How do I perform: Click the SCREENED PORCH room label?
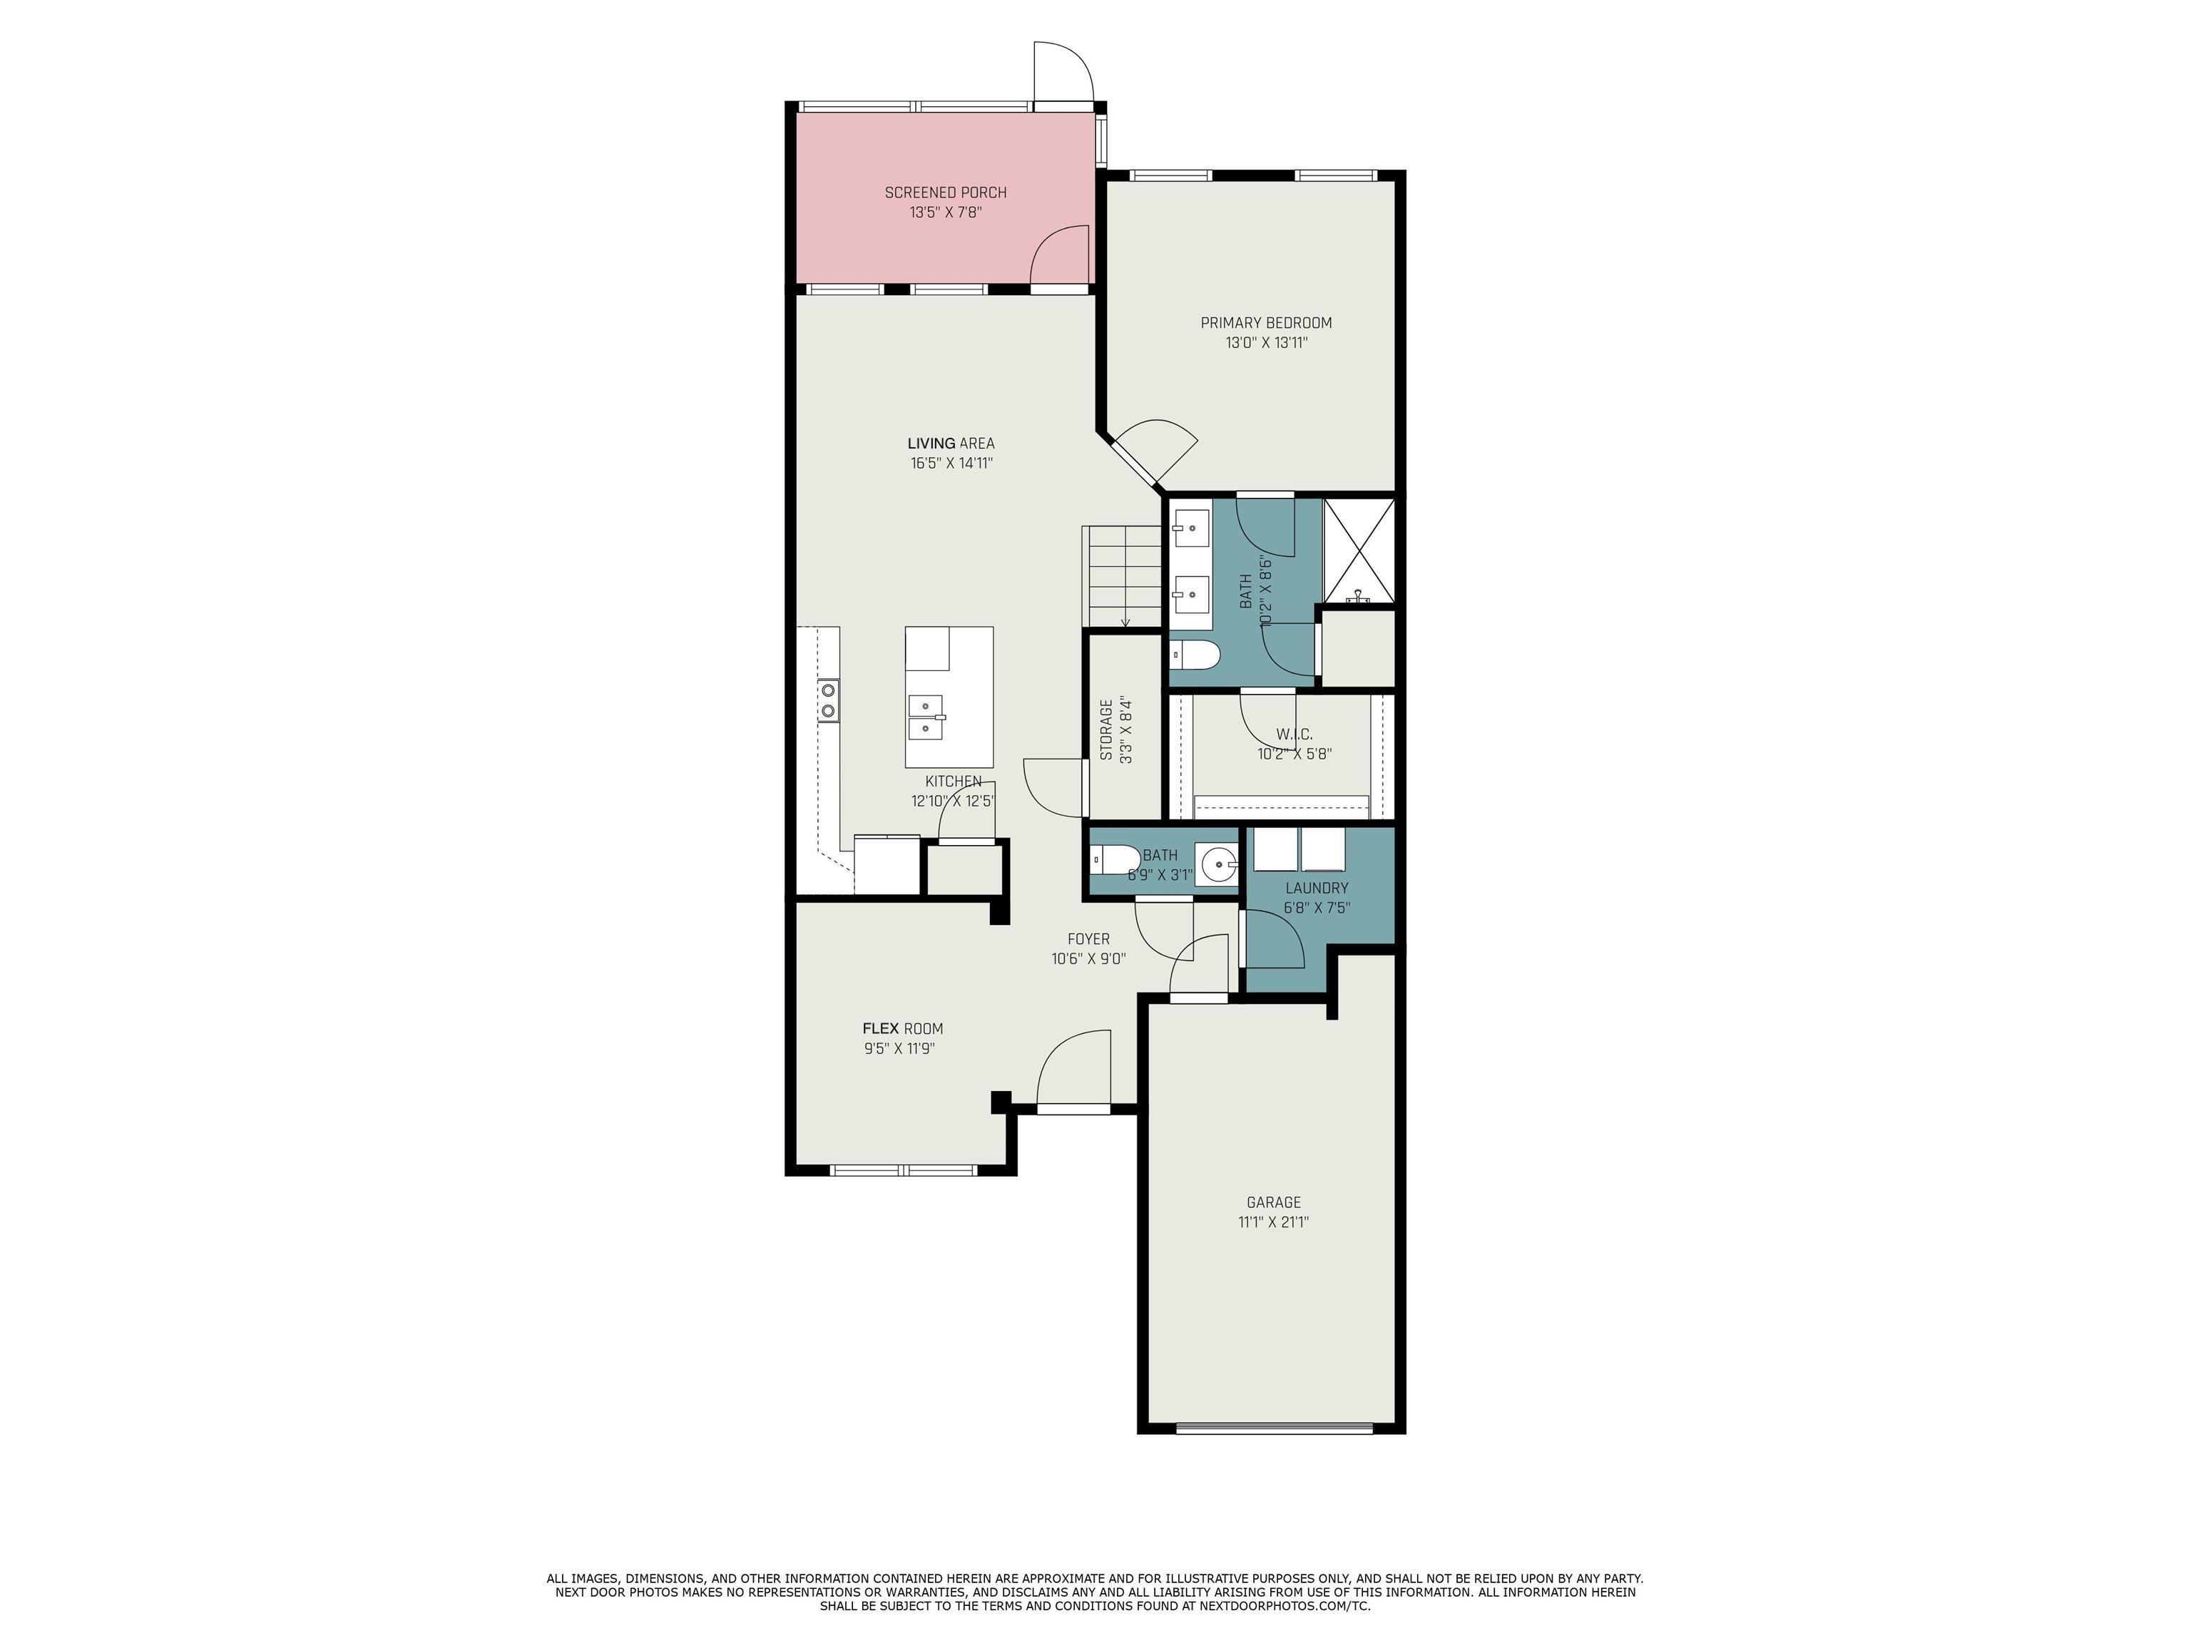(945, 192)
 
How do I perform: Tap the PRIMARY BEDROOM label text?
(1266, 323)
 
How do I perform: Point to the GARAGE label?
(1274, 1202)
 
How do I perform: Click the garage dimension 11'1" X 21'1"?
(1274, 1222)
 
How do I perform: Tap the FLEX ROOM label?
(902, 1029)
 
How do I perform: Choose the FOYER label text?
(1088, 939)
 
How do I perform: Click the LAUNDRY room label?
(1317, 889)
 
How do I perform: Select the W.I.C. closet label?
(1294, 735)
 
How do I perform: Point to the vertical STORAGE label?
(1106, 730)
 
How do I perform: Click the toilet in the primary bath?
(1195, 655)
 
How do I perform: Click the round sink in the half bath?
(1217, 864)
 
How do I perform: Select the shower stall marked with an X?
(1359, 552)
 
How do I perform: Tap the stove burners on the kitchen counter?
(828, 700)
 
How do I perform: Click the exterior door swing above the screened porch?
(1063, 71)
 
